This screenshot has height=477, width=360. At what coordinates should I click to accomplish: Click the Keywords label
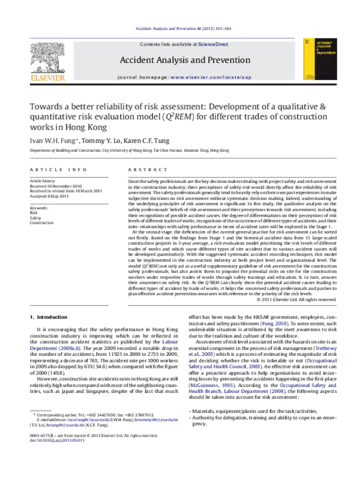[39, 208]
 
